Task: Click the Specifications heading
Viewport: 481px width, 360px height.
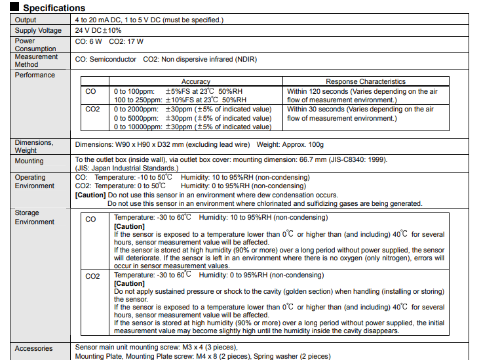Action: pyautogui.click(x=54, y=8)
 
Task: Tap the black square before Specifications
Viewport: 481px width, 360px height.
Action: pyautogui.click(x=15, y=8)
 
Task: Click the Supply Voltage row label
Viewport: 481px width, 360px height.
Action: pyautogui.click(x=38, y=30)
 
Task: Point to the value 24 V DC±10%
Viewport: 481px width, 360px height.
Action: pyautogui.click(x=98, y=30)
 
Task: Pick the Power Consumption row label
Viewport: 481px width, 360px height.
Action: pyautogui.click(x=35, y=44)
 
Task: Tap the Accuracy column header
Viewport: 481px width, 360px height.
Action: pyautogui.click(x=195, y=82)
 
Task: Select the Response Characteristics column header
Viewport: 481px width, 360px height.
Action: pyautogui.click(x=366, y=82)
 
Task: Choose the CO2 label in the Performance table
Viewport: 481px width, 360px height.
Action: pyautogui.click(x=92, y=110)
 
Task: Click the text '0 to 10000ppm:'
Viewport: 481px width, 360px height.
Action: pyautogui.click(x=137, y=127)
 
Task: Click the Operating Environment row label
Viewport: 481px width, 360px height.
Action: pyautogui.click(x=35, y=182)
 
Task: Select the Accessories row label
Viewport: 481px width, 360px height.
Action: pyautogui.click(x=33, y=348)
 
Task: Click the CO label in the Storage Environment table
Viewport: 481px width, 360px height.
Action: pyautogui.click(x=90, y=220)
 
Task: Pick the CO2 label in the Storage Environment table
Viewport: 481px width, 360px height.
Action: pyautogui.click(x=92, y=276)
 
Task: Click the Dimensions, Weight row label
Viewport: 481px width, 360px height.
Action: pyautogui.click(x=35, y=146)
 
